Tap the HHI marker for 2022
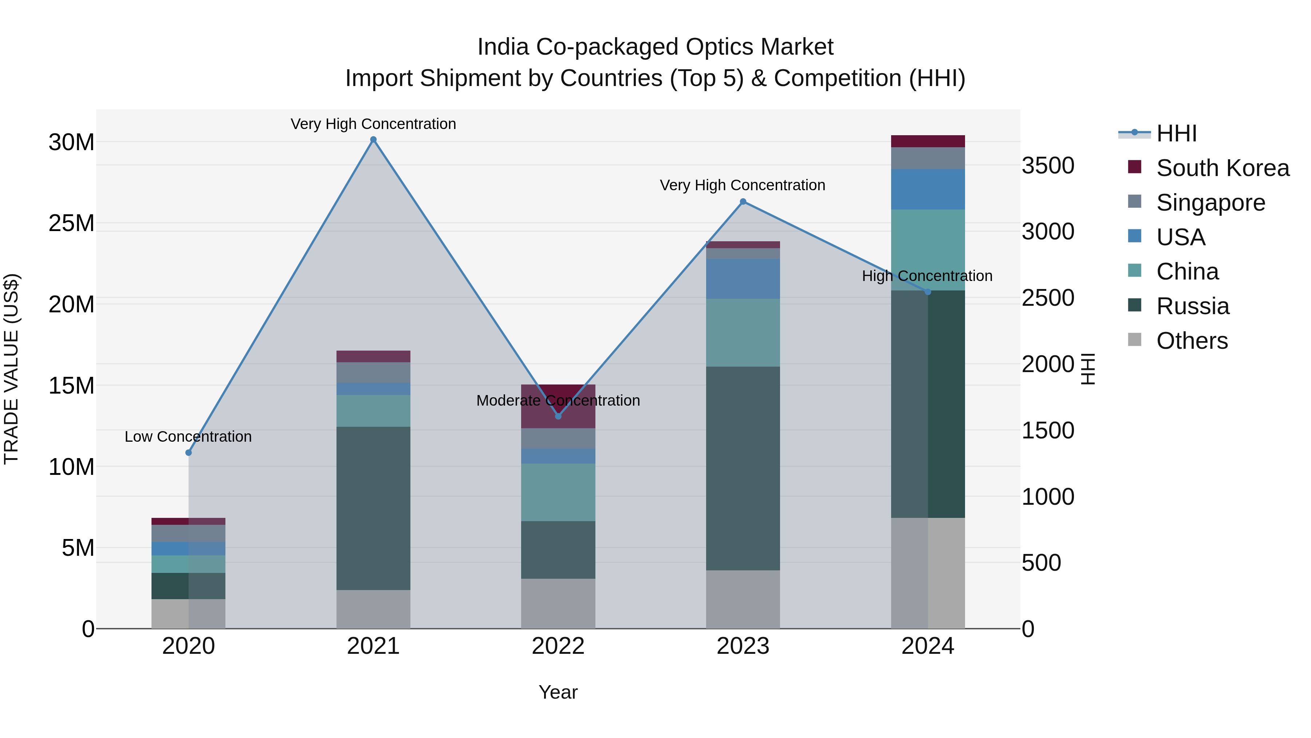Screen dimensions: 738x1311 pos(558,416)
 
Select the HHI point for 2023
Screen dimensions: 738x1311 pos(743,202)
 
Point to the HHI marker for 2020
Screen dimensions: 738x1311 pos(188,452)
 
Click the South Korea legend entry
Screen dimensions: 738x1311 pos(1223,168)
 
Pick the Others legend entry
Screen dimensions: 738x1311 pos(1192,341)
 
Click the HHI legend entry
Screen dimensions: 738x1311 pos(1176,133)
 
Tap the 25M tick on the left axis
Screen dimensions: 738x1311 pos(71,223)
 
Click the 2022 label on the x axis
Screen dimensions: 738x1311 pos(558,646)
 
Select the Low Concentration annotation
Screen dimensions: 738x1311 pos(188,437)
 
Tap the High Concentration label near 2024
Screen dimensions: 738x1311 pos(927,276)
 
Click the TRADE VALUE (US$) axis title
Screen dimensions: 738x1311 pos(11,369)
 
